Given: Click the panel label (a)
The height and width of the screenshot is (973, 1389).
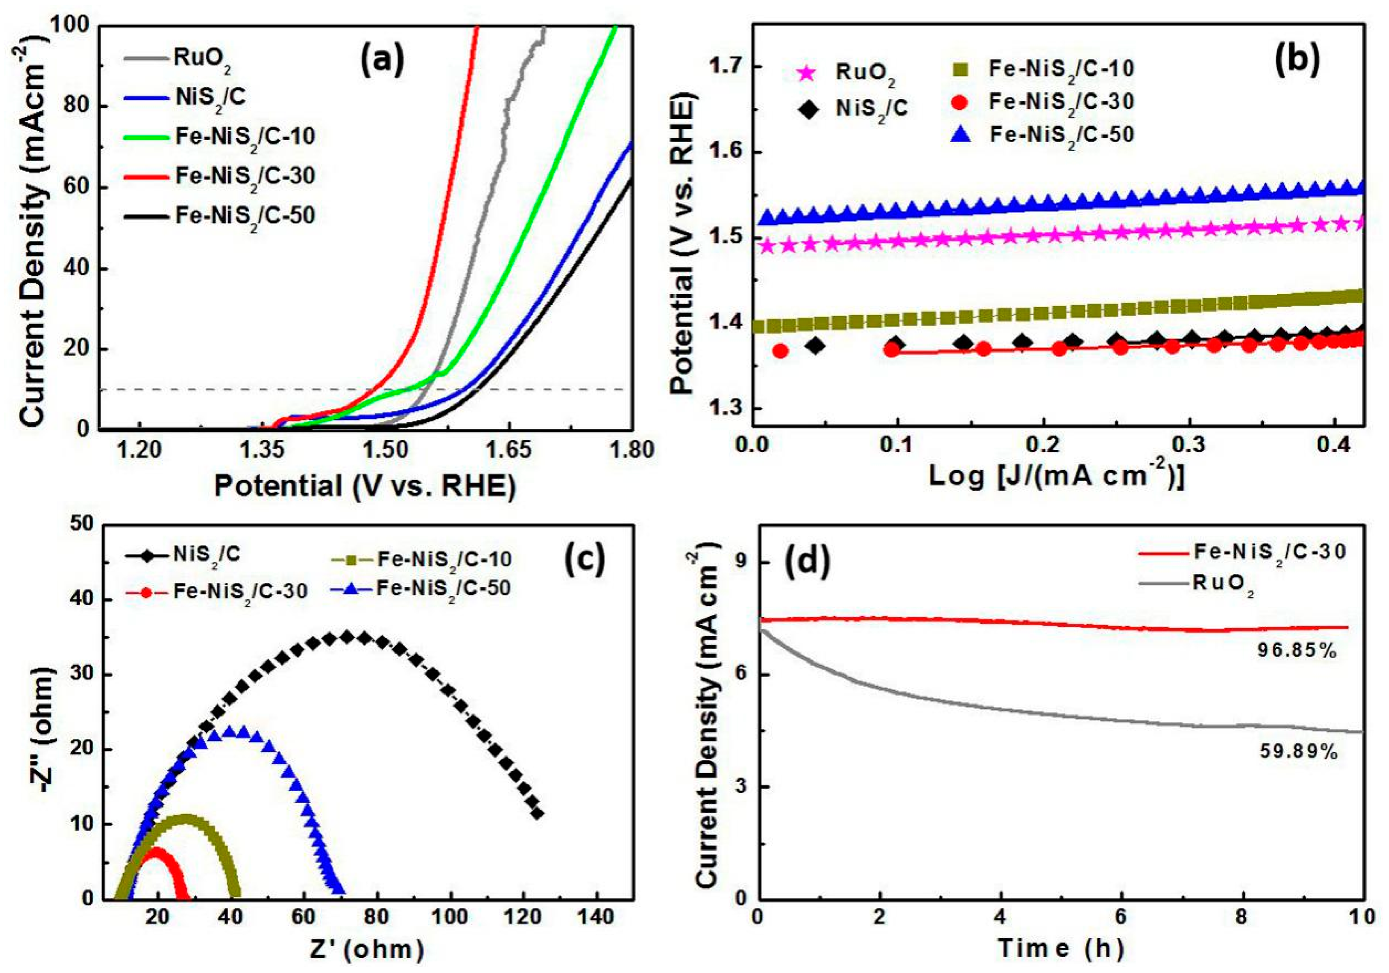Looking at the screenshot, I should [x=381, y=62].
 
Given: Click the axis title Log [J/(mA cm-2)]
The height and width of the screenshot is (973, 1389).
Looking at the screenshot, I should [x=1056, y=477].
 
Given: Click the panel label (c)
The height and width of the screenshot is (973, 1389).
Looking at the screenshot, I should [x=584, y=560].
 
